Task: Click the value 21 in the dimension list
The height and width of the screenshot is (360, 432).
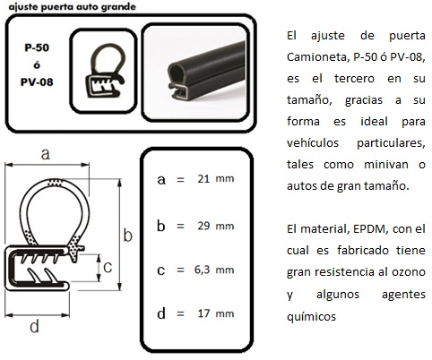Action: point(203,178)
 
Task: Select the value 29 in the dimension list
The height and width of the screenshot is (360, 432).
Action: point(203,226)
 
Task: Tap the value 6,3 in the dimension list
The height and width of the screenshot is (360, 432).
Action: point(202,270)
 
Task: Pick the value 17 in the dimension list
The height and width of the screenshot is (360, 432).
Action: point(203,313)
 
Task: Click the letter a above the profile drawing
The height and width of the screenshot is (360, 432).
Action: point(46,154)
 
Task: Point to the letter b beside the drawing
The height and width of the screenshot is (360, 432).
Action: point(128,235)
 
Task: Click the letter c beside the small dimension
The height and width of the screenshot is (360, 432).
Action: point(108,267)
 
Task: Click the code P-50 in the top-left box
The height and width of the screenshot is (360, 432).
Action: point(37,47)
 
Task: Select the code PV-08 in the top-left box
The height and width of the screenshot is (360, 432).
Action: point(37,81)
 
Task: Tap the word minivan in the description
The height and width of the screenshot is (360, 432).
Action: point(385,164)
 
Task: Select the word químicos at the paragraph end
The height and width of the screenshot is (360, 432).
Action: point(311,316)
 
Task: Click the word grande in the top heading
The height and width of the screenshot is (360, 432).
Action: point(118,7)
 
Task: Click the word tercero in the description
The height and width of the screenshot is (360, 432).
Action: point(354,79)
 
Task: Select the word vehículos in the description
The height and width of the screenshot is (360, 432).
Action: point(313,142)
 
